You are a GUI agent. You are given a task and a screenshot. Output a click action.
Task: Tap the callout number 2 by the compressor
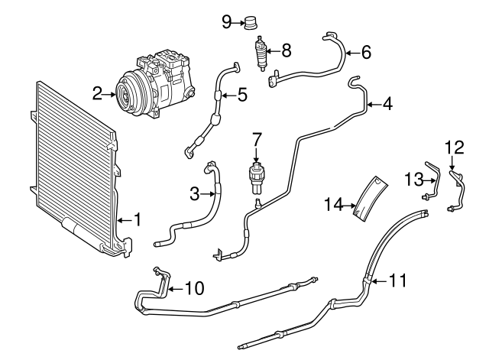(98, 94)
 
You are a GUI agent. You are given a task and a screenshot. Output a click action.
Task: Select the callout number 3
(195, 194)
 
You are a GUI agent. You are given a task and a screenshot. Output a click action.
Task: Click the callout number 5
(242, 95)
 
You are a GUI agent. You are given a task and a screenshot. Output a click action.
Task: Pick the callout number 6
(365, 53)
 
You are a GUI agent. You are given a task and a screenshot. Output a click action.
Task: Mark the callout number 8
(286, 51)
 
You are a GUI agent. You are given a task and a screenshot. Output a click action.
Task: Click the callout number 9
(226, 21)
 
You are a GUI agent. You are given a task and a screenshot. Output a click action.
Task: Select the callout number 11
(397, 281)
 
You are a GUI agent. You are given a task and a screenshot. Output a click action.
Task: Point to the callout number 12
(455, 145)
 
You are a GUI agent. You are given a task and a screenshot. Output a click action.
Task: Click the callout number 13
(413, 179)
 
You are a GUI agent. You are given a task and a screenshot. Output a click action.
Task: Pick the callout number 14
(332, 204)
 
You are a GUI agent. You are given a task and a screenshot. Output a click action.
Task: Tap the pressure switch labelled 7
(257, 174)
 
